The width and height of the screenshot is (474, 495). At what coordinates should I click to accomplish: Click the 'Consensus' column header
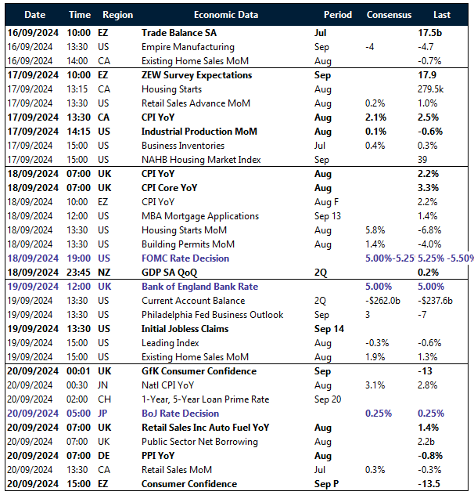point(388,15)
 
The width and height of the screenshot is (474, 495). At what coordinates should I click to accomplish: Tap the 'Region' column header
point(117,15)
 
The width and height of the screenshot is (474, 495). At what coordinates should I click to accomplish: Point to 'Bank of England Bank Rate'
point(200,287)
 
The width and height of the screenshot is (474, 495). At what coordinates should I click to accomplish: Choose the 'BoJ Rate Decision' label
point(180,414)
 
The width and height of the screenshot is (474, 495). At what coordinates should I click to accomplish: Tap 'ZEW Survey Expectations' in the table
point(196,75)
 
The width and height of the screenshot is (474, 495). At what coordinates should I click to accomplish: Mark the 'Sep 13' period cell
point(328,216)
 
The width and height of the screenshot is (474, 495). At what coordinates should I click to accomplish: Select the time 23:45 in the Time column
point(80,273)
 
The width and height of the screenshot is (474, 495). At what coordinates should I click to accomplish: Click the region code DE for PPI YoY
point(105,456)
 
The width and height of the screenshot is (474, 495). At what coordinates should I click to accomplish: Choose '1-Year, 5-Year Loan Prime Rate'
point(205,399)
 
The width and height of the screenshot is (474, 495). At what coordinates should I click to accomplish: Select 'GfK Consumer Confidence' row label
point(199,371)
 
